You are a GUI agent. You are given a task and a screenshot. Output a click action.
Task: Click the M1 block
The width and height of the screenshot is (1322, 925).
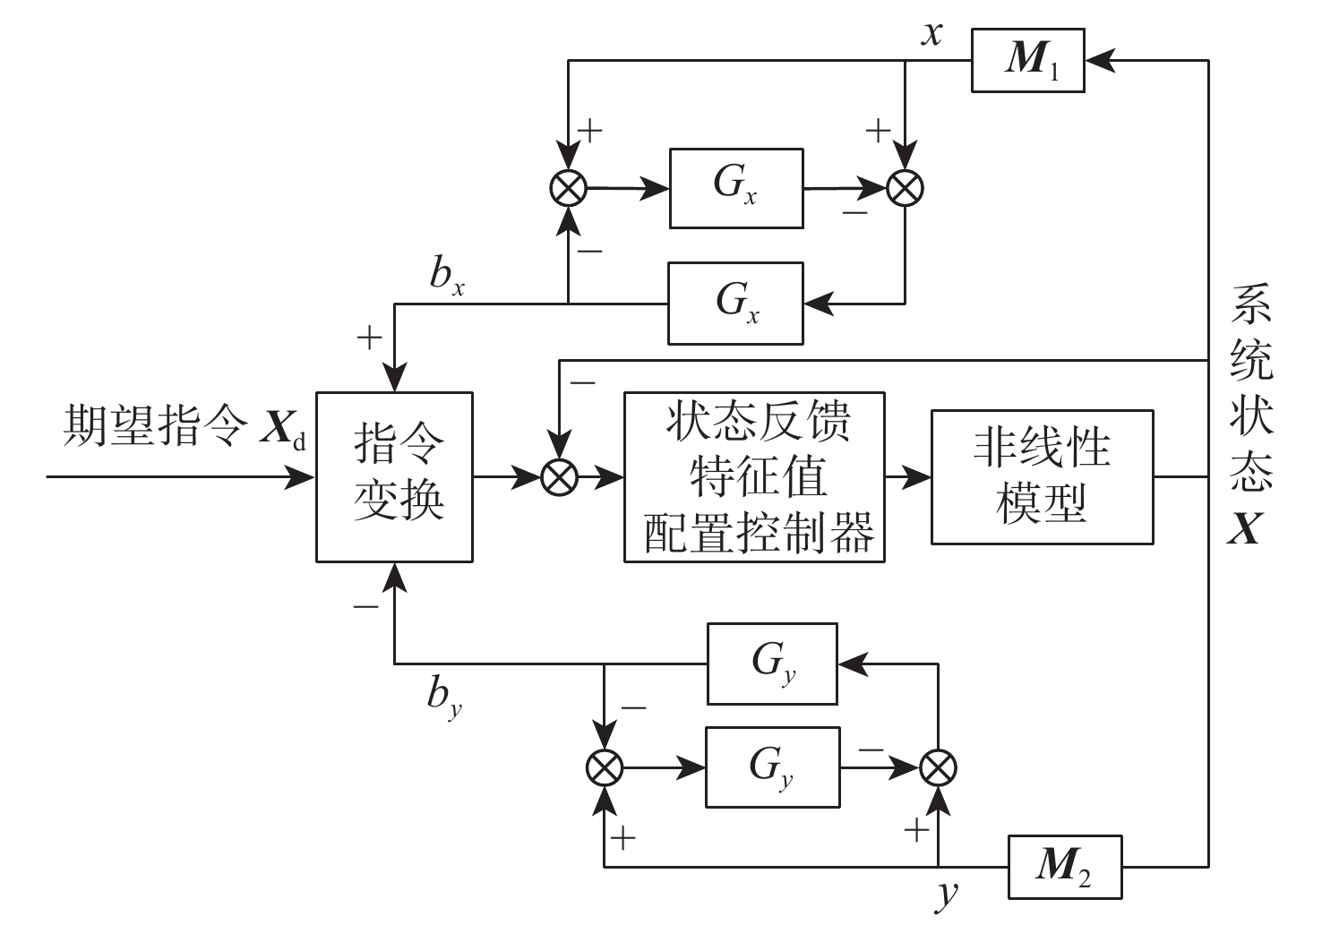1027,60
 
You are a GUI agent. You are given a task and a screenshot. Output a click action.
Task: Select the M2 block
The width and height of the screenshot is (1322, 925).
1064,866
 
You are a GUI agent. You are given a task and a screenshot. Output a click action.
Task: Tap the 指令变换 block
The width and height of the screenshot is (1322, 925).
394,476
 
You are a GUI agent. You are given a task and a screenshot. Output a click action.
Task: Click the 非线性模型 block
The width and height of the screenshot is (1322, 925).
1042,476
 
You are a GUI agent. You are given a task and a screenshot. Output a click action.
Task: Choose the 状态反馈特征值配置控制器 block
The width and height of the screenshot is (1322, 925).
754,476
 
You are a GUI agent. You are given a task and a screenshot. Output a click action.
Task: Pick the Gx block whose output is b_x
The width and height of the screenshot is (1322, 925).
735,303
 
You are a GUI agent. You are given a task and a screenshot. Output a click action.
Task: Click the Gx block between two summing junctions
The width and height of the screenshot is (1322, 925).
735,188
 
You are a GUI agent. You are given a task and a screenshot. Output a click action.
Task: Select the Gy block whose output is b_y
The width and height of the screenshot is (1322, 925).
772,664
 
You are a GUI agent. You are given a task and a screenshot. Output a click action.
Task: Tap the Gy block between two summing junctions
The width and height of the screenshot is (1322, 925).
772,767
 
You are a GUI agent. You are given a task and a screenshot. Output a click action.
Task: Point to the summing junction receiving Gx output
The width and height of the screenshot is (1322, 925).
905,188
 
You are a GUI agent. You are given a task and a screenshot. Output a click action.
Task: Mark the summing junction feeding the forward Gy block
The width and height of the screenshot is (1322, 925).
605,767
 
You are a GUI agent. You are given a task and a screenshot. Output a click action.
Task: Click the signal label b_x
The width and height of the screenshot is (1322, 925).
447,277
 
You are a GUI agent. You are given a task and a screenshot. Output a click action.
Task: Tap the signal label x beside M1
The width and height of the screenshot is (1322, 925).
932,34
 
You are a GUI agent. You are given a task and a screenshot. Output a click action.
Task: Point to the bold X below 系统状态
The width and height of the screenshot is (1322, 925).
1245,530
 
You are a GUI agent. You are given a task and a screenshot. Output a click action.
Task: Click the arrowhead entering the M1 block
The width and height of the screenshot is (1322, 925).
1098,60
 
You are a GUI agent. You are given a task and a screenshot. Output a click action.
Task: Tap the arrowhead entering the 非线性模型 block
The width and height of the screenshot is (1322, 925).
918,477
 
